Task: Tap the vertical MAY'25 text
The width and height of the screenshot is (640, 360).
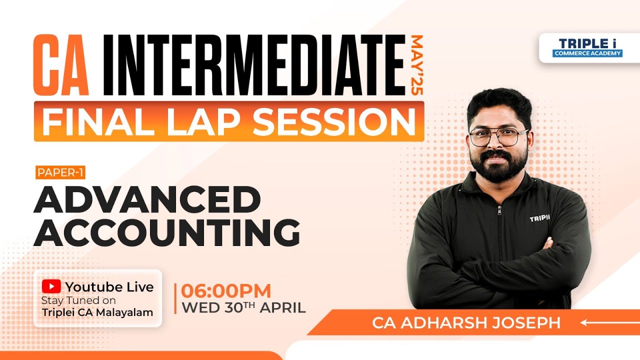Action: [416, 65]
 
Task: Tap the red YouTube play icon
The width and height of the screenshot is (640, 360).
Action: [51, 286]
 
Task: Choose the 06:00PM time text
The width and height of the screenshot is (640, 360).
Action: [226, 291]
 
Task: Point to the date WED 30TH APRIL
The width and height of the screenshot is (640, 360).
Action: [243, 307]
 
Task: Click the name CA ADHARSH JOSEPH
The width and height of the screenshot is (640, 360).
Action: [466, 322]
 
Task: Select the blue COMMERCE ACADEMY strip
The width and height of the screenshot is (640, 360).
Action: [587, 53]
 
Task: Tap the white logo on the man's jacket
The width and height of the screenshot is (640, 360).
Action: [539, 219]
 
